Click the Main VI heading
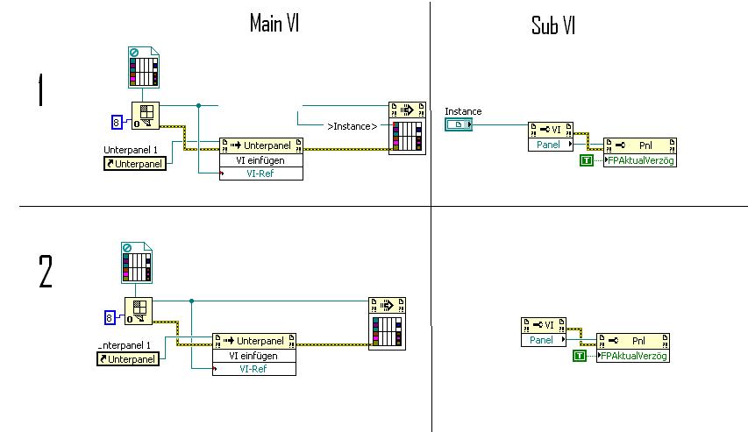pyautogui.click(x=274, y=23)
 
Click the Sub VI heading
pyautogui.click(x=554, y=25)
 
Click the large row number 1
pyautogui.click(x=39, y=90)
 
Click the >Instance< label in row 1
pyautogui.click(x=352, y=126)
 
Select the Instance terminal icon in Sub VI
pyautogui.click(x=458, y=125)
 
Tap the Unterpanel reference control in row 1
pyautogui.click(x=135, y=164)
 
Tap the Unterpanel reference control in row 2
pyautogui.click(x=128, y=358)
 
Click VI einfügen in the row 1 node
pyautogui.click(x=260, y=160)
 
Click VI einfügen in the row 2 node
pyautogui.click(x=253, y=356)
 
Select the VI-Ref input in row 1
pyautogui.click(x=260, y=174)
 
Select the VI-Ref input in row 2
pyautogui.click(x=253, y=369)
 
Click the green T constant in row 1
pyautogui.click(x=586, y=160)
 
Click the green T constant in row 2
pyautogui.click(x=579, y=356)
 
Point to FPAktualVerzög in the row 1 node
pyautogui.click(x=641, y=160)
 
